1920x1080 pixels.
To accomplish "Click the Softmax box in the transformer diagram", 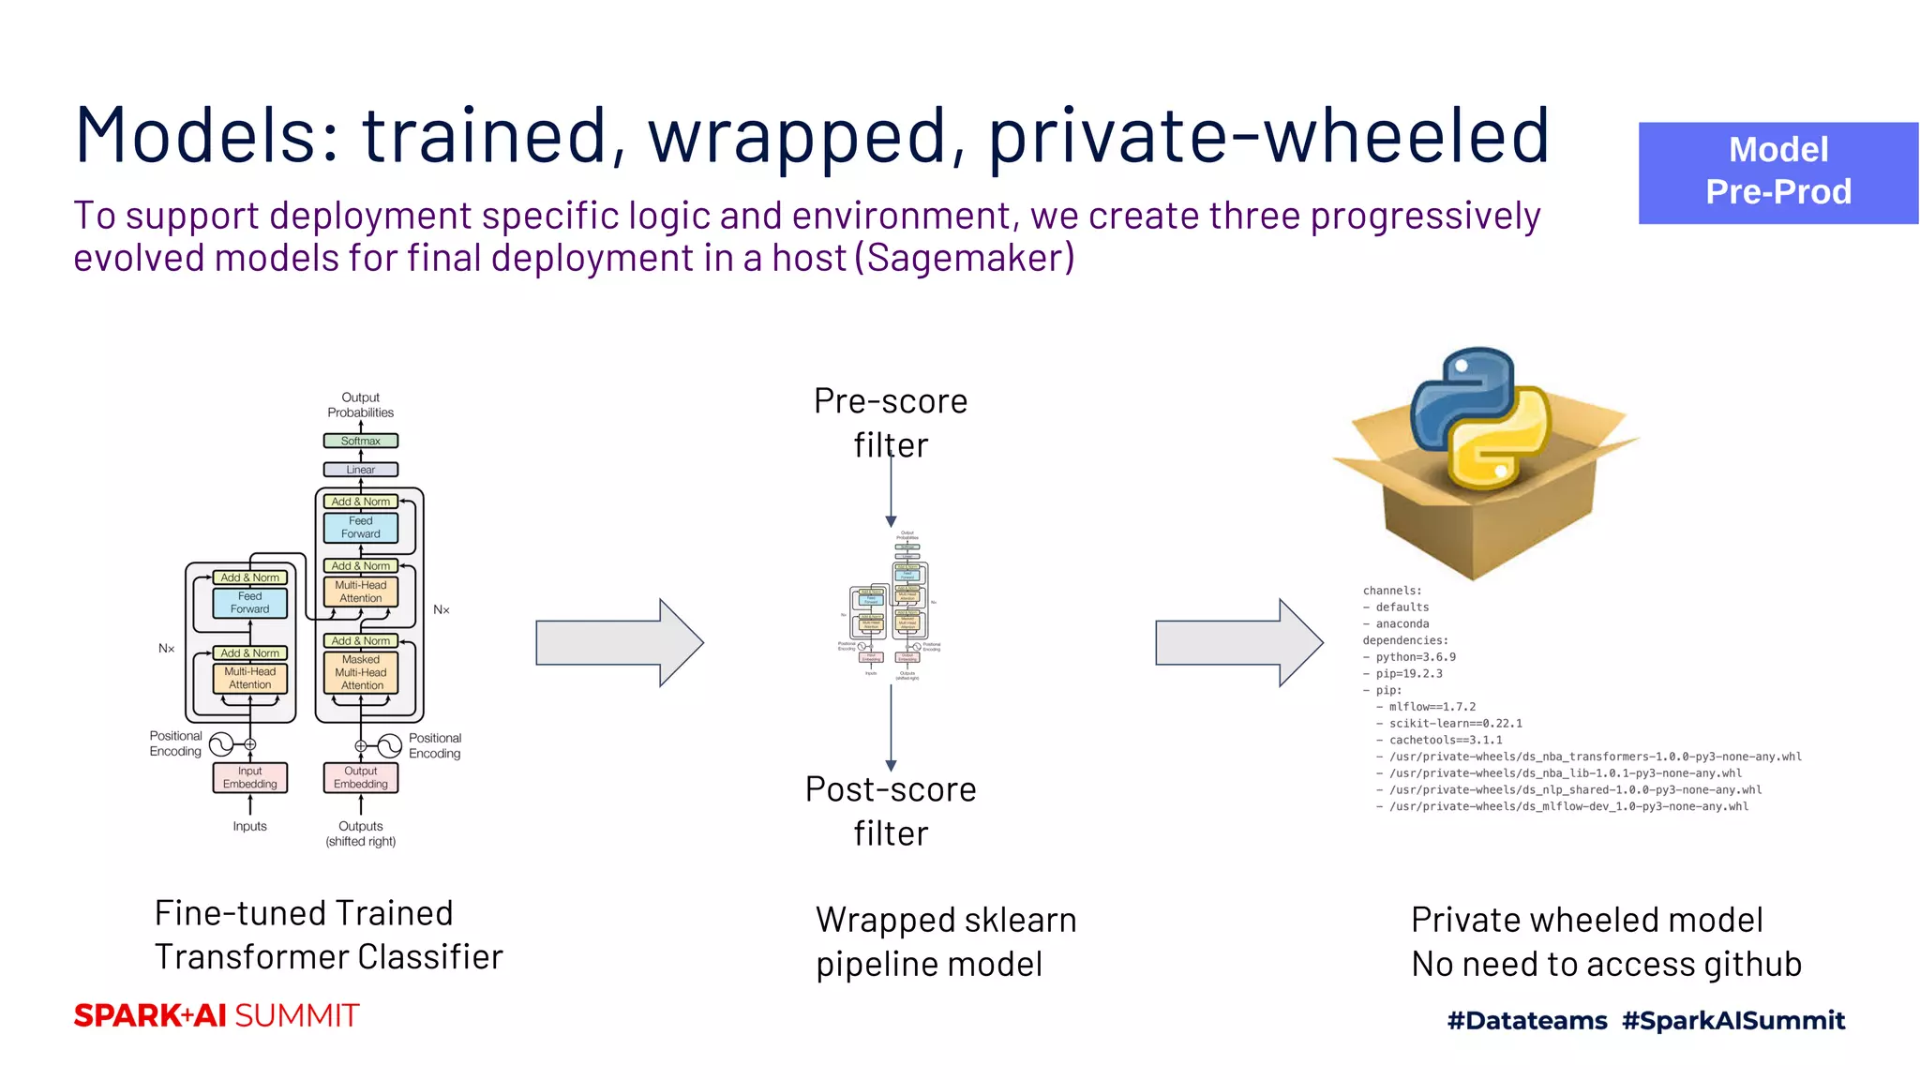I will (x=360, y=441).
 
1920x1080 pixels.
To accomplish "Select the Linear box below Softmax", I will (x=360, y=470).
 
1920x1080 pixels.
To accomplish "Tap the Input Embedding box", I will (x=249, y=777).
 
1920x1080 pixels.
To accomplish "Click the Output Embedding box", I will (x=360, y=777).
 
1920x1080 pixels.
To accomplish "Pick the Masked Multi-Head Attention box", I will (x=361, y=672).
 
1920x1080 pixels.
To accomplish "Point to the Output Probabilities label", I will (x=360, y=405).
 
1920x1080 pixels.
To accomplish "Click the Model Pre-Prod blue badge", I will (x=1777, y=172).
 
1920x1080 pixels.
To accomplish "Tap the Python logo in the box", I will (x=1480, y=418).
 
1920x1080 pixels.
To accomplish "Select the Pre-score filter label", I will (x=891, y=422).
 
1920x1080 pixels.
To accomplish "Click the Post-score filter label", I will (x=891, y=811).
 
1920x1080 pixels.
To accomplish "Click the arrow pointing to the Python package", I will (x=1237, y=643).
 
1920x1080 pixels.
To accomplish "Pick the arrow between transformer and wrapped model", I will (x=619, y=643).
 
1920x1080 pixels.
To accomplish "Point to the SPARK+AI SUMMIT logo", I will (x=217, y=1015).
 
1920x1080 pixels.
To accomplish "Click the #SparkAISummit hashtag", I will (x=1733, y=1020).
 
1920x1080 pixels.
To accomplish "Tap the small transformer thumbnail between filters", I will (x=889, y=605).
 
